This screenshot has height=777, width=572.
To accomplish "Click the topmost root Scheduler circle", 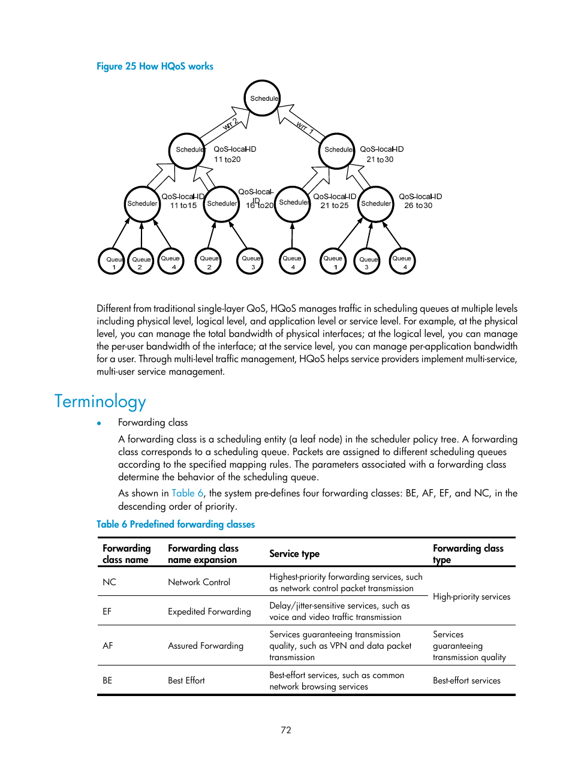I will (262, 98).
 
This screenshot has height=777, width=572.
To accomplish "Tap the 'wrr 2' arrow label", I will (230, 124).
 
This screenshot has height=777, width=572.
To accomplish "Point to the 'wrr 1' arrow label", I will (305, 127).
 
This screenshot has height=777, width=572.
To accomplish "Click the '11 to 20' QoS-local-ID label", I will (227, 159).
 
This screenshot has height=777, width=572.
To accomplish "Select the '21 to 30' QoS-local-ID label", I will (380, 159).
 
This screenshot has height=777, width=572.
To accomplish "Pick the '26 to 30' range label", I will (418, 206).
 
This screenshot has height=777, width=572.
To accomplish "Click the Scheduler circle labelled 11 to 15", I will (142, 204).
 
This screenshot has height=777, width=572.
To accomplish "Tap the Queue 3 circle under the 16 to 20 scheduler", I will (250, 261).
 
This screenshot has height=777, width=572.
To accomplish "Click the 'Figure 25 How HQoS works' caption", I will (155, 67).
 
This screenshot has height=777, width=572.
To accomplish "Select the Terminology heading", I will (100, 401).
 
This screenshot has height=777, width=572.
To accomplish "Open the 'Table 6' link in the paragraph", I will (187, 493).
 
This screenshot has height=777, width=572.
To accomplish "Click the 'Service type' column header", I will (294, 553).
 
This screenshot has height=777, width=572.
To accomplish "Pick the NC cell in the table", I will (109, 582).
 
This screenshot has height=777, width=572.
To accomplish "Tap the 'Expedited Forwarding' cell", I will (209, 612).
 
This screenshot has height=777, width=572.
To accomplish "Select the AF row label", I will (108, 646).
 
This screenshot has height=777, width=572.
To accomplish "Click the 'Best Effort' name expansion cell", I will (186, 680).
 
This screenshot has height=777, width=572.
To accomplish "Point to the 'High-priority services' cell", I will (471, 597).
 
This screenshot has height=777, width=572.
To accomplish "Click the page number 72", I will (286, 730).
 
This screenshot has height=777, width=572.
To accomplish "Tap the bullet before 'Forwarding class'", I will (100, 423).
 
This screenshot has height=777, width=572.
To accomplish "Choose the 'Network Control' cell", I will (199, 582).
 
